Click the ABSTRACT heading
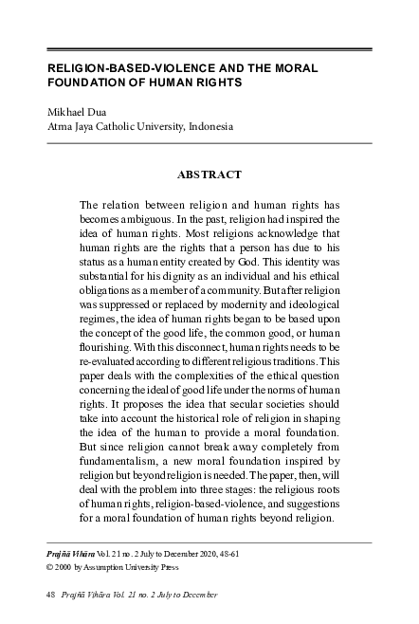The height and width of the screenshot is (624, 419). point(209,174)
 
